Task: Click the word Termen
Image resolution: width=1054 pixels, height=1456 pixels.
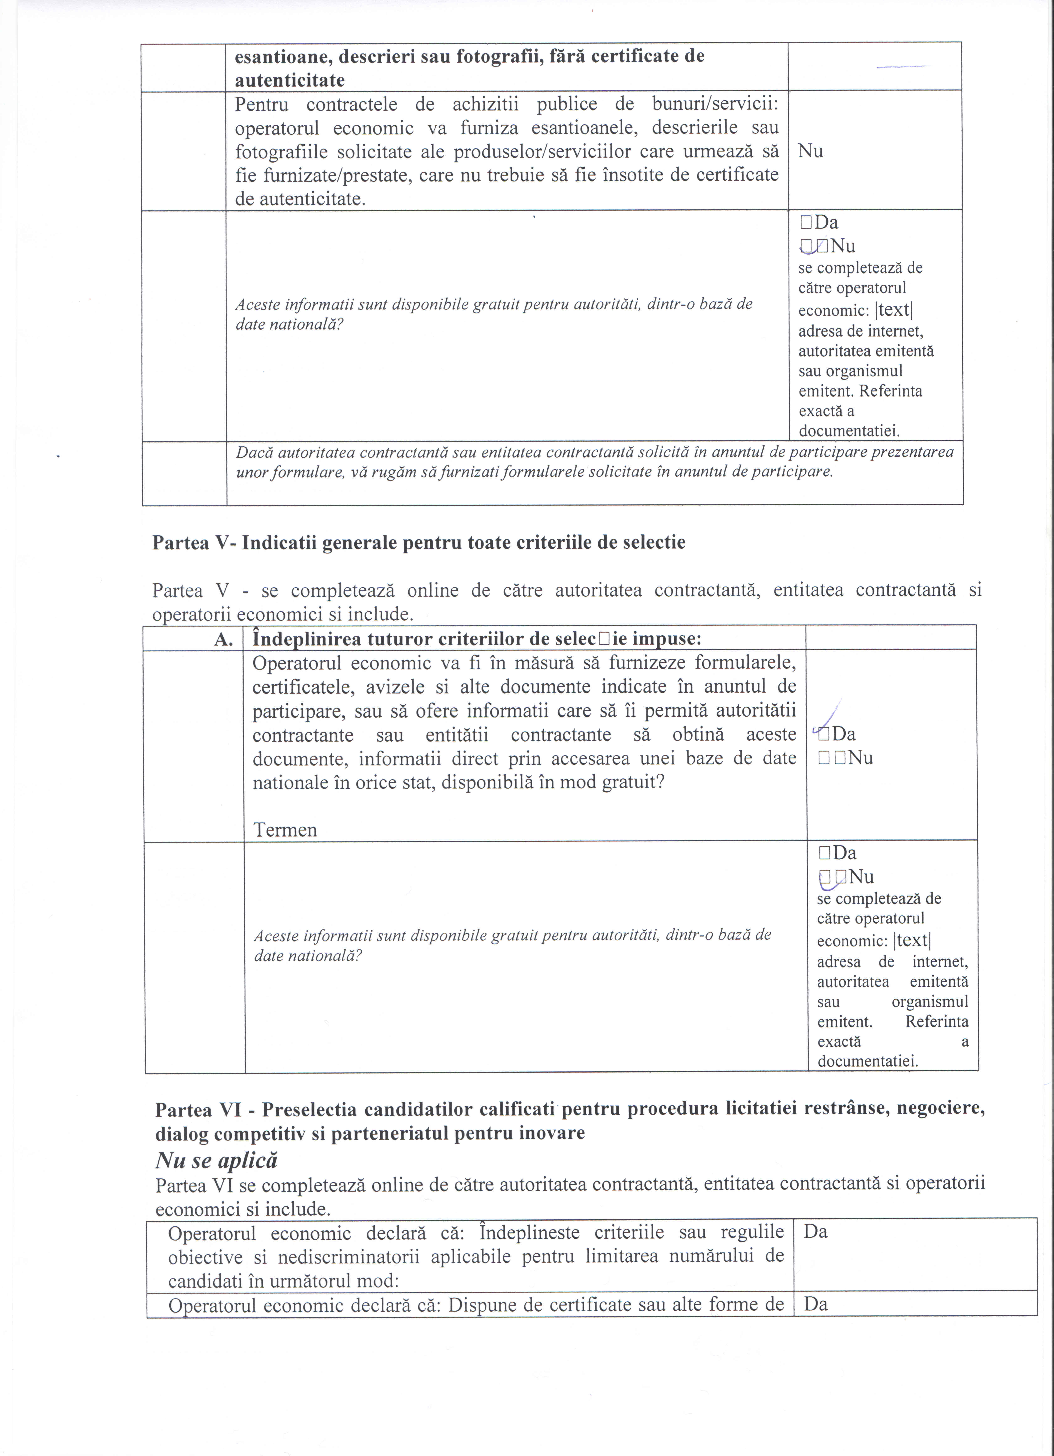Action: tap(285, 830)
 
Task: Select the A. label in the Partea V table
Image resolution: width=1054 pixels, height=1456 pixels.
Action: tap(223, 639)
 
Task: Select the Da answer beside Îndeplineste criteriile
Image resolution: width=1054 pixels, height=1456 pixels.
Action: tap(816, 1232)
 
